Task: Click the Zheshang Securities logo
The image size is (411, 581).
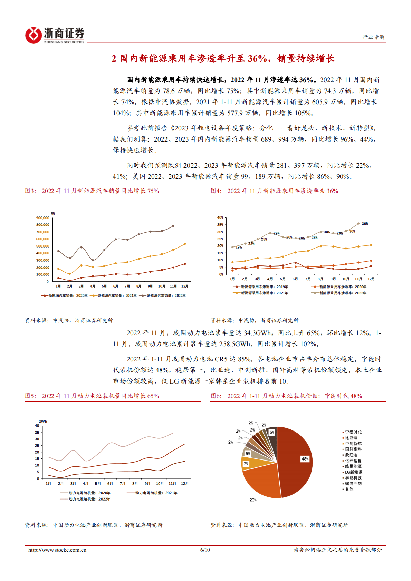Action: pos(55,35)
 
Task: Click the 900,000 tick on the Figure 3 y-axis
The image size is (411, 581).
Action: pos(42,218)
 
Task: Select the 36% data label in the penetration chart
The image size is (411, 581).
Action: pos(365,224)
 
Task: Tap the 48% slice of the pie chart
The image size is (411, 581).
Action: pos(297,459)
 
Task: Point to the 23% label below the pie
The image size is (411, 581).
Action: pos(253,500)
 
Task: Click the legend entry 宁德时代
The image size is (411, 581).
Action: pos(353,432)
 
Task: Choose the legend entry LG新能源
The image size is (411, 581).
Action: pos(353,472)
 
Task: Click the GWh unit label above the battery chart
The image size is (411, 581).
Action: pos(43,422)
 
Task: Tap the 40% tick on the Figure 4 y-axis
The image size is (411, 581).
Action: pos(220,217)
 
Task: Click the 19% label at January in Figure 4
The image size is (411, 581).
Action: pos(239,247)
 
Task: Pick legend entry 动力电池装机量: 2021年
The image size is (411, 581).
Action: pos(156,493)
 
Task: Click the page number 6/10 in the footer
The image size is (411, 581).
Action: pos(205,550)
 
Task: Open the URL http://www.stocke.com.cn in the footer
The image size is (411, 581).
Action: pos(57,550)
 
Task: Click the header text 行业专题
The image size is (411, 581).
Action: pos(373,37)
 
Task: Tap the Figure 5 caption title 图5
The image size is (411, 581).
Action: pos(30,396)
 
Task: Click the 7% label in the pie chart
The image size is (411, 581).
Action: pos(246,464)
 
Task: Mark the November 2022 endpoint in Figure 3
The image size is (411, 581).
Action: pos(173,226)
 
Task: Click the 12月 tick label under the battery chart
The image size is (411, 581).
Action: pos(185,484)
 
